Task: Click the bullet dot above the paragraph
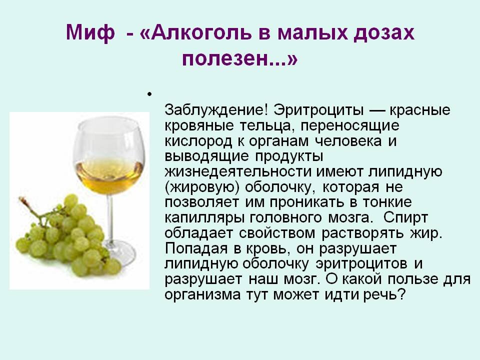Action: pos(148,93)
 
